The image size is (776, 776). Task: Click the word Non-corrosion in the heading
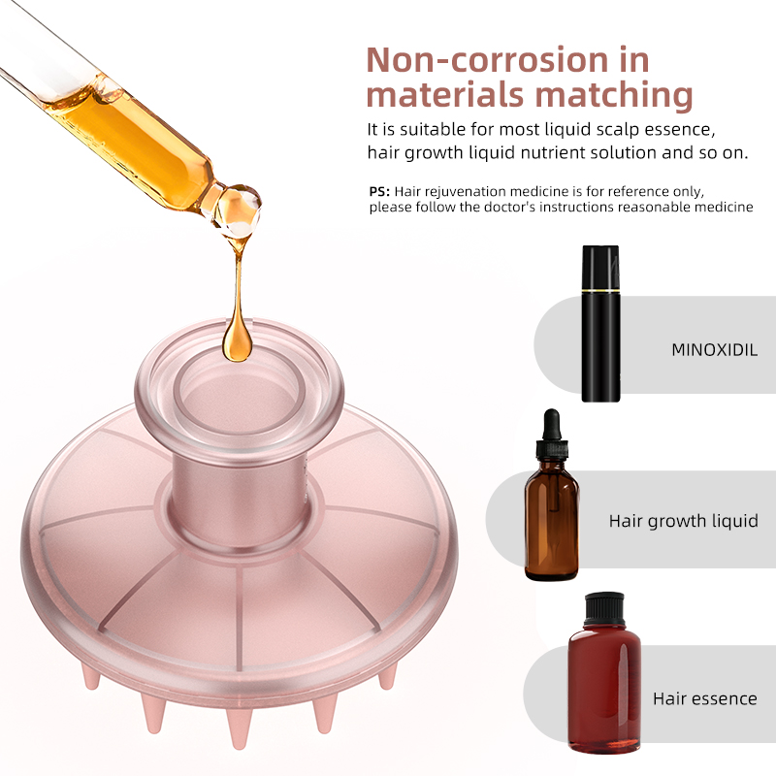tap(487, 60)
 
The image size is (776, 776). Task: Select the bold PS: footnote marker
tap(379, 191)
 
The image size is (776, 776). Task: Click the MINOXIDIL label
tap(714, 350)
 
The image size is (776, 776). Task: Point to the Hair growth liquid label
tap(684, 521)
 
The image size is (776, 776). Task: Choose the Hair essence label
tap(705, 698)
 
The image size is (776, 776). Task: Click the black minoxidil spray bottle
tap(600, 323)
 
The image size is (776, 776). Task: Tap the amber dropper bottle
tap(551, 494)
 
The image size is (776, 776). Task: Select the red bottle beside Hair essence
tap(603, 672)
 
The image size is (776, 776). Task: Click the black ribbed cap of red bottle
tap(603, 609)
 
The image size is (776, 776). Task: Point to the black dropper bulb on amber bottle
tap(551, 426)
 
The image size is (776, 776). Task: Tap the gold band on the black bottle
tap(600, 290)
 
